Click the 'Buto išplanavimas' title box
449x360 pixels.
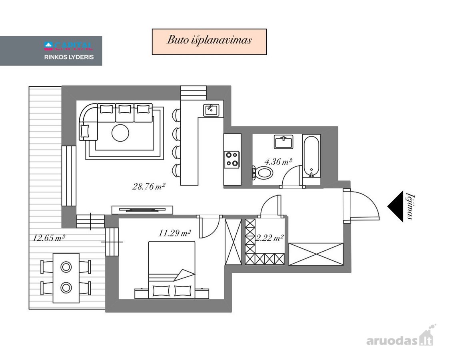[210, 42]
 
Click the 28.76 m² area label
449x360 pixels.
[149, 187]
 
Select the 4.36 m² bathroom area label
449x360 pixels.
[278, 162]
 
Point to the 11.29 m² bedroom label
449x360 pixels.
[175, 233]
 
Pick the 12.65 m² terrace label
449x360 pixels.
[49, 238]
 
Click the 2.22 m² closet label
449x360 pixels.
[269, 238]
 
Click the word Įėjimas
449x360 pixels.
[410, 207]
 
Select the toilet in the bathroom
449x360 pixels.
[262, 172]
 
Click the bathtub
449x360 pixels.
[311, 156]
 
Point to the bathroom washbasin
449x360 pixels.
[283, 142]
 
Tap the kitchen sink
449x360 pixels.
[212, 110]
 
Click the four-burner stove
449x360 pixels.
[232, 160]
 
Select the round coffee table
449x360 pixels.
[120, 133]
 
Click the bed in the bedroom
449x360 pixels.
[172, 270]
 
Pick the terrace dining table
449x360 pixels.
[66, 278]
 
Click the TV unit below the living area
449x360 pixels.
[142, 210]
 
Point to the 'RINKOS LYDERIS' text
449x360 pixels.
[69, 57]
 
